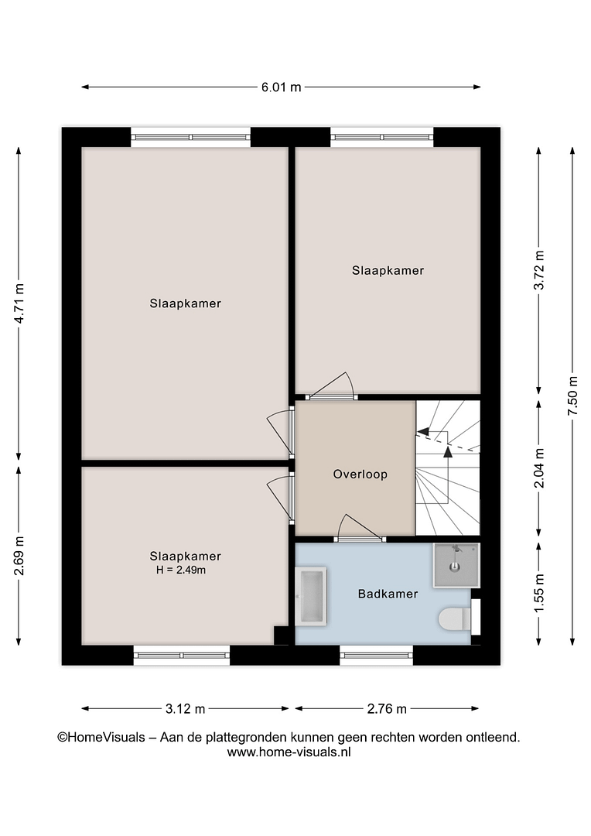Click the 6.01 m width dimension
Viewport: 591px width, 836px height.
click(281, 87)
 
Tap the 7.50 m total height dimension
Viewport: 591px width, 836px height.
click(572, 396)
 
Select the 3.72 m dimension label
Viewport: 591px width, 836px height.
click(538, 270)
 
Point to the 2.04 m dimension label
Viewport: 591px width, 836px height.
click(538, 468)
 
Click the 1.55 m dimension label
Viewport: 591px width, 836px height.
click(538, 593)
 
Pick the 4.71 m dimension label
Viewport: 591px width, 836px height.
click(19, 303)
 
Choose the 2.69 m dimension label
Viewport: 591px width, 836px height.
click(19, 556)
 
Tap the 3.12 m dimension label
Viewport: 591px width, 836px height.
click(185, 708)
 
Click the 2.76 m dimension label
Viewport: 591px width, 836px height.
click(387, 708)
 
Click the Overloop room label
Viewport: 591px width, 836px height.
click(360, 474)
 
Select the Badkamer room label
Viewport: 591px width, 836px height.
click(388, 594)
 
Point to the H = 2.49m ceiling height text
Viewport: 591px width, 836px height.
click(181, 570)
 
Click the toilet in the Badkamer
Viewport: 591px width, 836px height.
click(455, 619)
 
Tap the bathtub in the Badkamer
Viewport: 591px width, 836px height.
click(311, 596)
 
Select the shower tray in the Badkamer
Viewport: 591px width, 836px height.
click(456, 565)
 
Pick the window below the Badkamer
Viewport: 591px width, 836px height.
click(376, 655)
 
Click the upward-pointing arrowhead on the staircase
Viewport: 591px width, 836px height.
click(448, 452)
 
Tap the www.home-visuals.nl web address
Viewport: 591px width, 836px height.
click(289, 752)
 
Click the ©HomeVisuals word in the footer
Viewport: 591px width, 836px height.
click(101, 738)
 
